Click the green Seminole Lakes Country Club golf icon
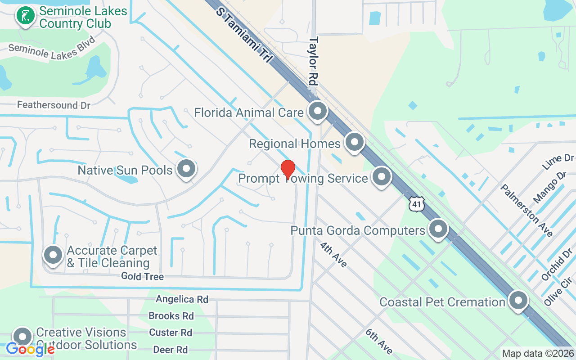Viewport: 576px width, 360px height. click(x=26, y=16)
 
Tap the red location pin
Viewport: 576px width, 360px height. click(x=288, y=170)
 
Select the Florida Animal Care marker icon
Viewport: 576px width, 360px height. click(x=318, y=111)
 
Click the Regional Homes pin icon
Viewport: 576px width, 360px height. click(x=354, y=143)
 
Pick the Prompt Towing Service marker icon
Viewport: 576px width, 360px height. click(x=382, y=177)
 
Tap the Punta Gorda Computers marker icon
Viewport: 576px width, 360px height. click(x=438, y=229)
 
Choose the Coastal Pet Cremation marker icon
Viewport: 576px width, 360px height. click(x=518, y=300)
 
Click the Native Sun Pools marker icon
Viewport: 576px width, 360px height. click(x=186, y=169)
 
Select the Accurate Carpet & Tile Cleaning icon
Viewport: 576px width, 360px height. click(x=53, y=255)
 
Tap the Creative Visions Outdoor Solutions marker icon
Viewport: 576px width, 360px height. click(x=22, y=337)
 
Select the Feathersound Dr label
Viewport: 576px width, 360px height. click(x=54, y=105)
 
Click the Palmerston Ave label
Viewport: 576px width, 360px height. click(x=526, y=210)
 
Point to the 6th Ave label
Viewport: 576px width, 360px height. click(x=379, y=342)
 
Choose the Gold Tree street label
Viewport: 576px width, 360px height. click(x=142, y=277)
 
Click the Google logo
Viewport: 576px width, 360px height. click(x=30, y=349)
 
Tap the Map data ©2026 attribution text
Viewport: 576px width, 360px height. click(x=538, y=354)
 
